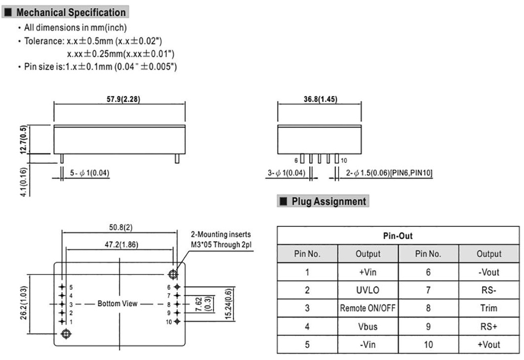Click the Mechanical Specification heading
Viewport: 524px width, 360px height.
(x=71, y=12)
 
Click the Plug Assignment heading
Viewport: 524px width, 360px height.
(x=329, y=201)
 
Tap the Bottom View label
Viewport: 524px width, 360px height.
(x=118, y=304)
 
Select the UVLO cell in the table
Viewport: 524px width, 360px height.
(x=368, y=290)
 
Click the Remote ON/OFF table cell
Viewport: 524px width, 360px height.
(x=368, y=308)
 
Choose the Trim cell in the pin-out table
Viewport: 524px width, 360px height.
(x=489, y=308)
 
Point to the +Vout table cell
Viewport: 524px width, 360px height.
(x=489, y=345)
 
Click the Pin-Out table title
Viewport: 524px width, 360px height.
(x=398, y=236)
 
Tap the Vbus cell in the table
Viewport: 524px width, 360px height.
(x=368, y=326)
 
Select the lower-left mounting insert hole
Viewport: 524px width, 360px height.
(x=65, y=334)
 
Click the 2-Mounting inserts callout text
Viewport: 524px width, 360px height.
(x=221, y=240)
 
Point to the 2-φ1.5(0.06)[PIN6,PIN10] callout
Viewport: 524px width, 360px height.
(x=389, y=174)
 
